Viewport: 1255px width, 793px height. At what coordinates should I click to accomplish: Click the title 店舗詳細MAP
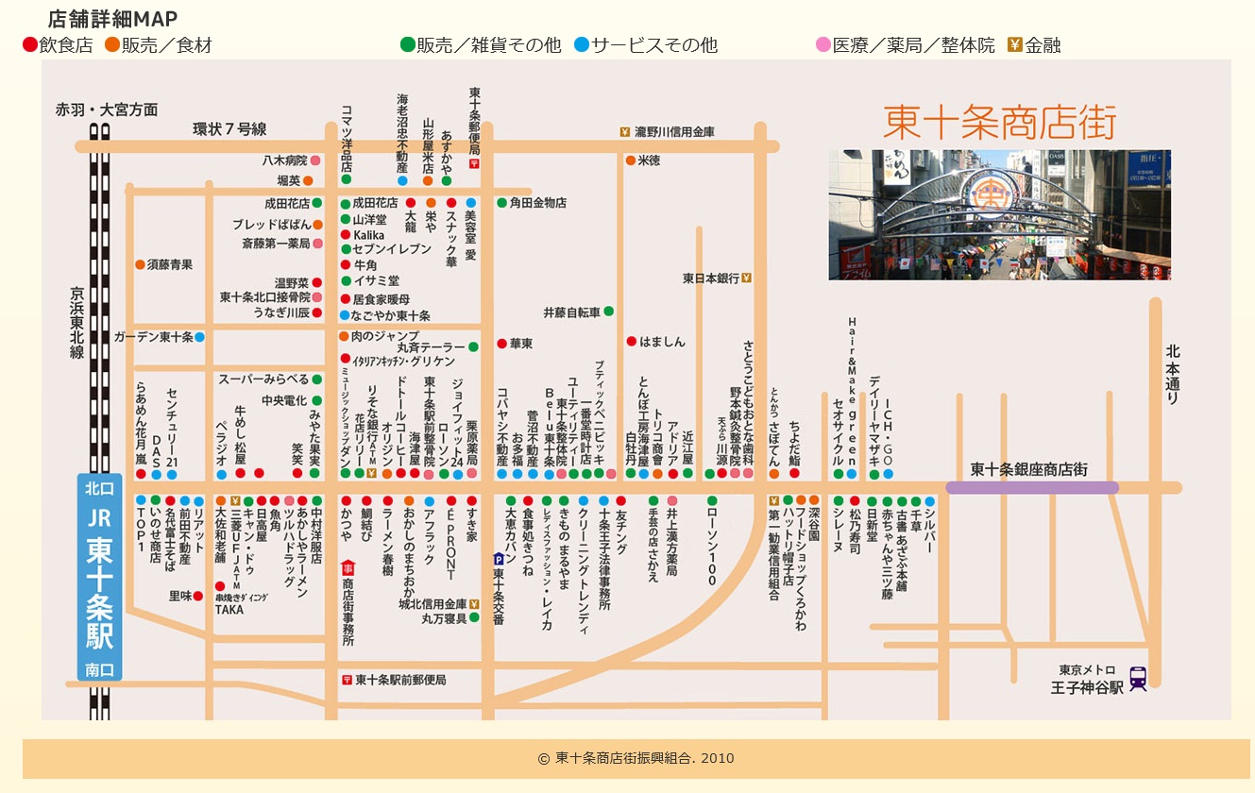coord(112,19)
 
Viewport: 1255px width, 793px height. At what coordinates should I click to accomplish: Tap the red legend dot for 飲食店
coord(29,44)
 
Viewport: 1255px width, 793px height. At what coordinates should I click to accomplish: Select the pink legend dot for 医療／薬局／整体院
coord(823,44)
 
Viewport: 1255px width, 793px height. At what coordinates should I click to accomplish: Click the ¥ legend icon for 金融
coord(1015,44)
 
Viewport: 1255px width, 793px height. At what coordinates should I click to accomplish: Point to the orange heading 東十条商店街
coord(1000,123)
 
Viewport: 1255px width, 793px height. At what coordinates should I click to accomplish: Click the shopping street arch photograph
coord(999,214)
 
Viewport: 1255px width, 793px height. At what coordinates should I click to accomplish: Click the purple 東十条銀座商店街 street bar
coord(1032,488)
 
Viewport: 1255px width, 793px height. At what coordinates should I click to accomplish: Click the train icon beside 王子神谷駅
coord(1138,679)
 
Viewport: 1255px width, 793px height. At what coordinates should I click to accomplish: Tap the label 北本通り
coord(1173,374)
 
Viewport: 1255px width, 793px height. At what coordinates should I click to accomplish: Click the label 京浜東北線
coord(76,323)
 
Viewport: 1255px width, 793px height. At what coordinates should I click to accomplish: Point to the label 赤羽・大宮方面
coord(107,110)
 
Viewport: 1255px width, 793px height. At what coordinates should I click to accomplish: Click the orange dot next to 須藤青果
coord(140,265)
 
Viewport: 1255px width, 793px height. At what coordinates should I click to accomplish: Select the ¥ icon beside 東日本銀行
coord(746,278)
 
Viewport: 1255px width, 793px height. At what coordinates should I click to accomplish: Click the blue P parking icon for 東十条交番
coord(499,559)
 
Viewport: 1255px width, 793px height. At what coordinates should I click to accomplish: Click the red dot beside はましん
coord(631,342)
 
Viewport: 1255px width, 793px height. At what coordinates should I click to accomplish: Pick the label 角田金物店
coord(537,202)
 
